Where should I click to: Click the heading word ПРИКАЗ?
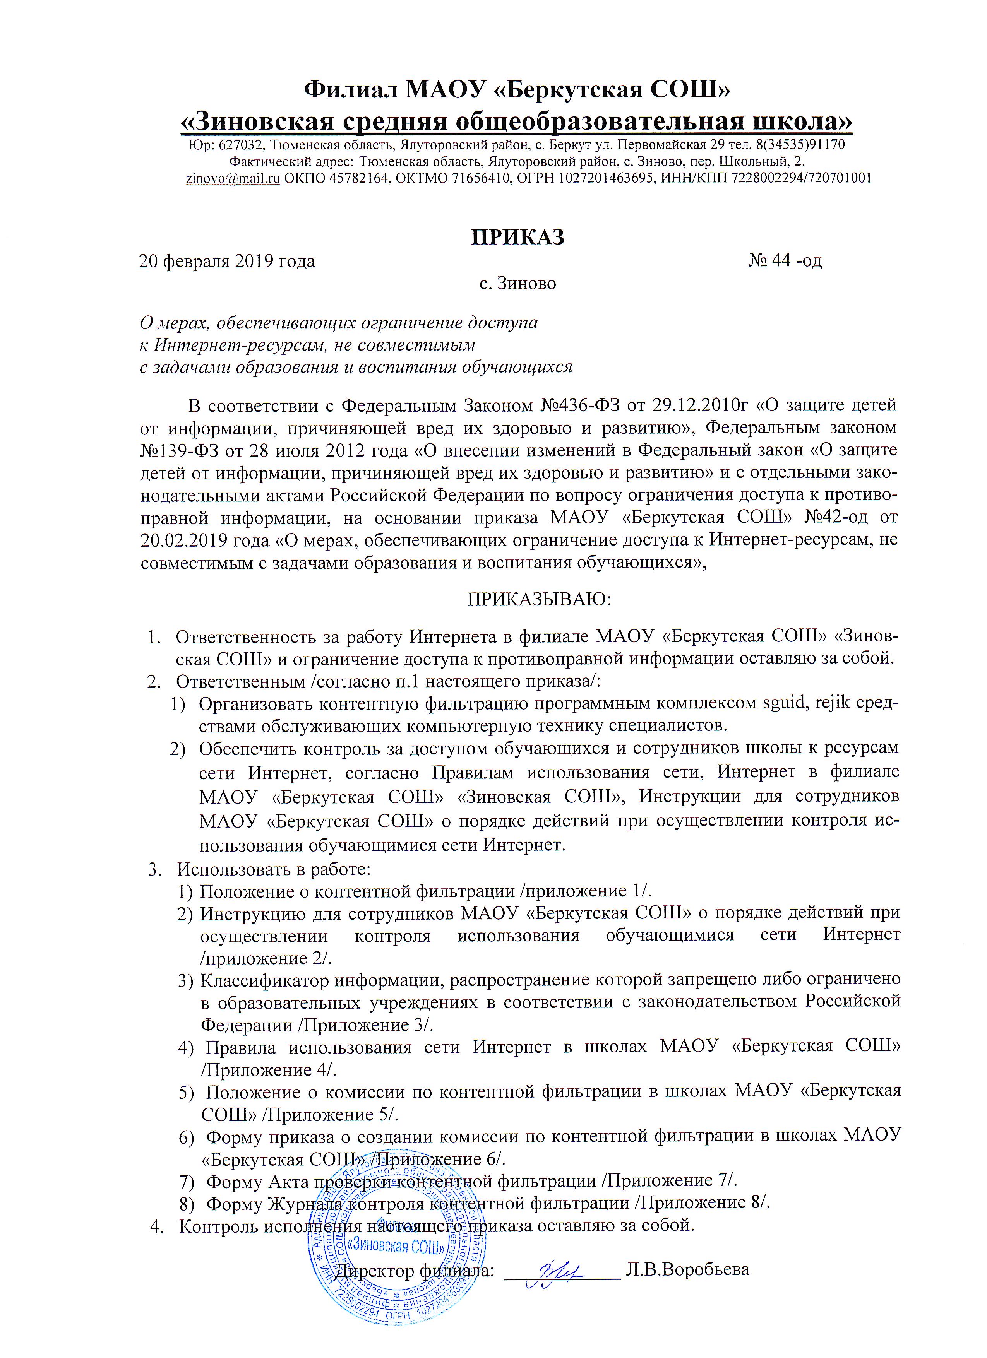pos(517,237)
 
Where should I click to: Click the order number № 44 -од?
pos(785,261)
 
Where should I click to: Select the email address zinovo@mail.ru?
pos(233,178)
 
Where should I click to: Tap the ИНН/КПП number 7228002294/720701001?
pos(801,178)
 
